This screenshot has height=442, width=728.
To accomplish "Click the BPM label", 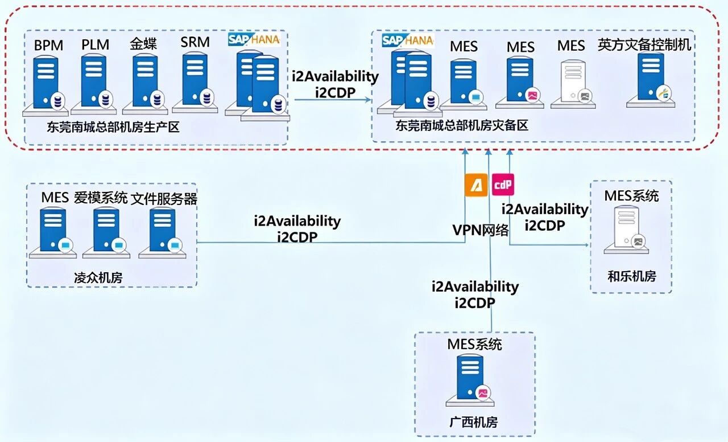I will (48, 45).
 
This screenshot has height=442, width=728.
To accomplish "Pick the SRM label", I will (195, 42).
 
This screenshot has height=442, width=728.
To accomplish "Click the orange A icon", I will (476, 185).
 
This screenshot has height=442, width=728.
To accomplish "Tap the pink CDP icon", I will (502, 185).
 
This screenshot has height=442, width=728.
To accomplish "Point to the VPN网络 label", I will (481, 230).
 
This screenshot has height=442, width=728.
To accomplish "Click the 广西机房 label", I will (473, 422).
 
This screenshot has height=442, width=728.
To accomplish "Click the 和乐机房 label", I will (632, 277).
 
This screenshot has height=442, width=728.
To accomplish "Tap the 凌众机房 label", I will (98, 278).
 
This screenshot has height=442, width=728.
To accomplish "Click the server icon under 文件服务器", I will (163, 231).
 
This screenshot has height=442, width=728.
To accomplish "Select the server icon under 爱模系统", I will (106, 231).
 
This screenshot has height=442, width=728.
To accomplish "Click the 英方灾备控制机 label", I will (644, 45).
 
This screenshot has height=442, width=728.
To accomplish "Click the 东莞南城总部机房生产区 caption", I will (113, 126).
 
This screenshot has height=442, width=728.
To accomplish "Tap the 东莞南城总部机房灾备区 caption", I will (462, 125).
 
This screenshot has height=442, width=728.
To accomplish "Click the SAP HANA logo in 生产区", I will (254, 40).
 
